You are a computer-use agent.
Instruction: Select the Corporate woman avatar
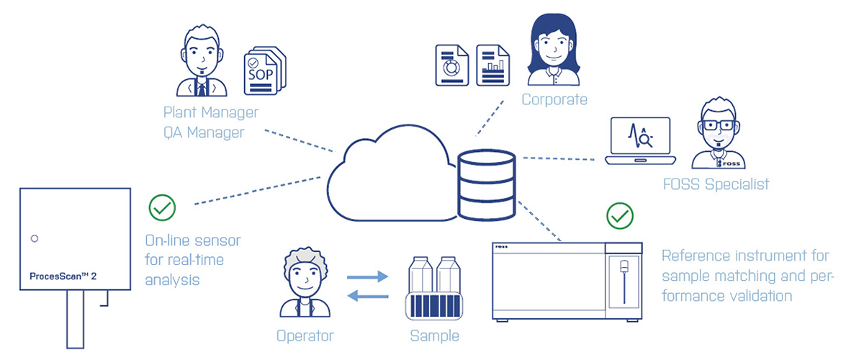[x=552, y=50]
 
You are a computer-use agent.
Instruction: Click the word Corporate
[x=554, y=99]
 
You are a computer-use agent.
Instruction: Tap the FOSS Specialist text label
[x=716, y=184]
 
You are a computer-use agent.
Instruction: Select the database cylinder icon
[x=485, y=185]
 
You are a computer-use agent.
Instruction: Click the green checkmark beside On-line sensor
[x=162, y=208]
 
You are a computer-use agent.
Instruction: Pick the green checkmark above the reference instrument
[x=620, y=215]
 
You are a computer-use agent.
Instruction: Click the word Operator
[x=305, y=336]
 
